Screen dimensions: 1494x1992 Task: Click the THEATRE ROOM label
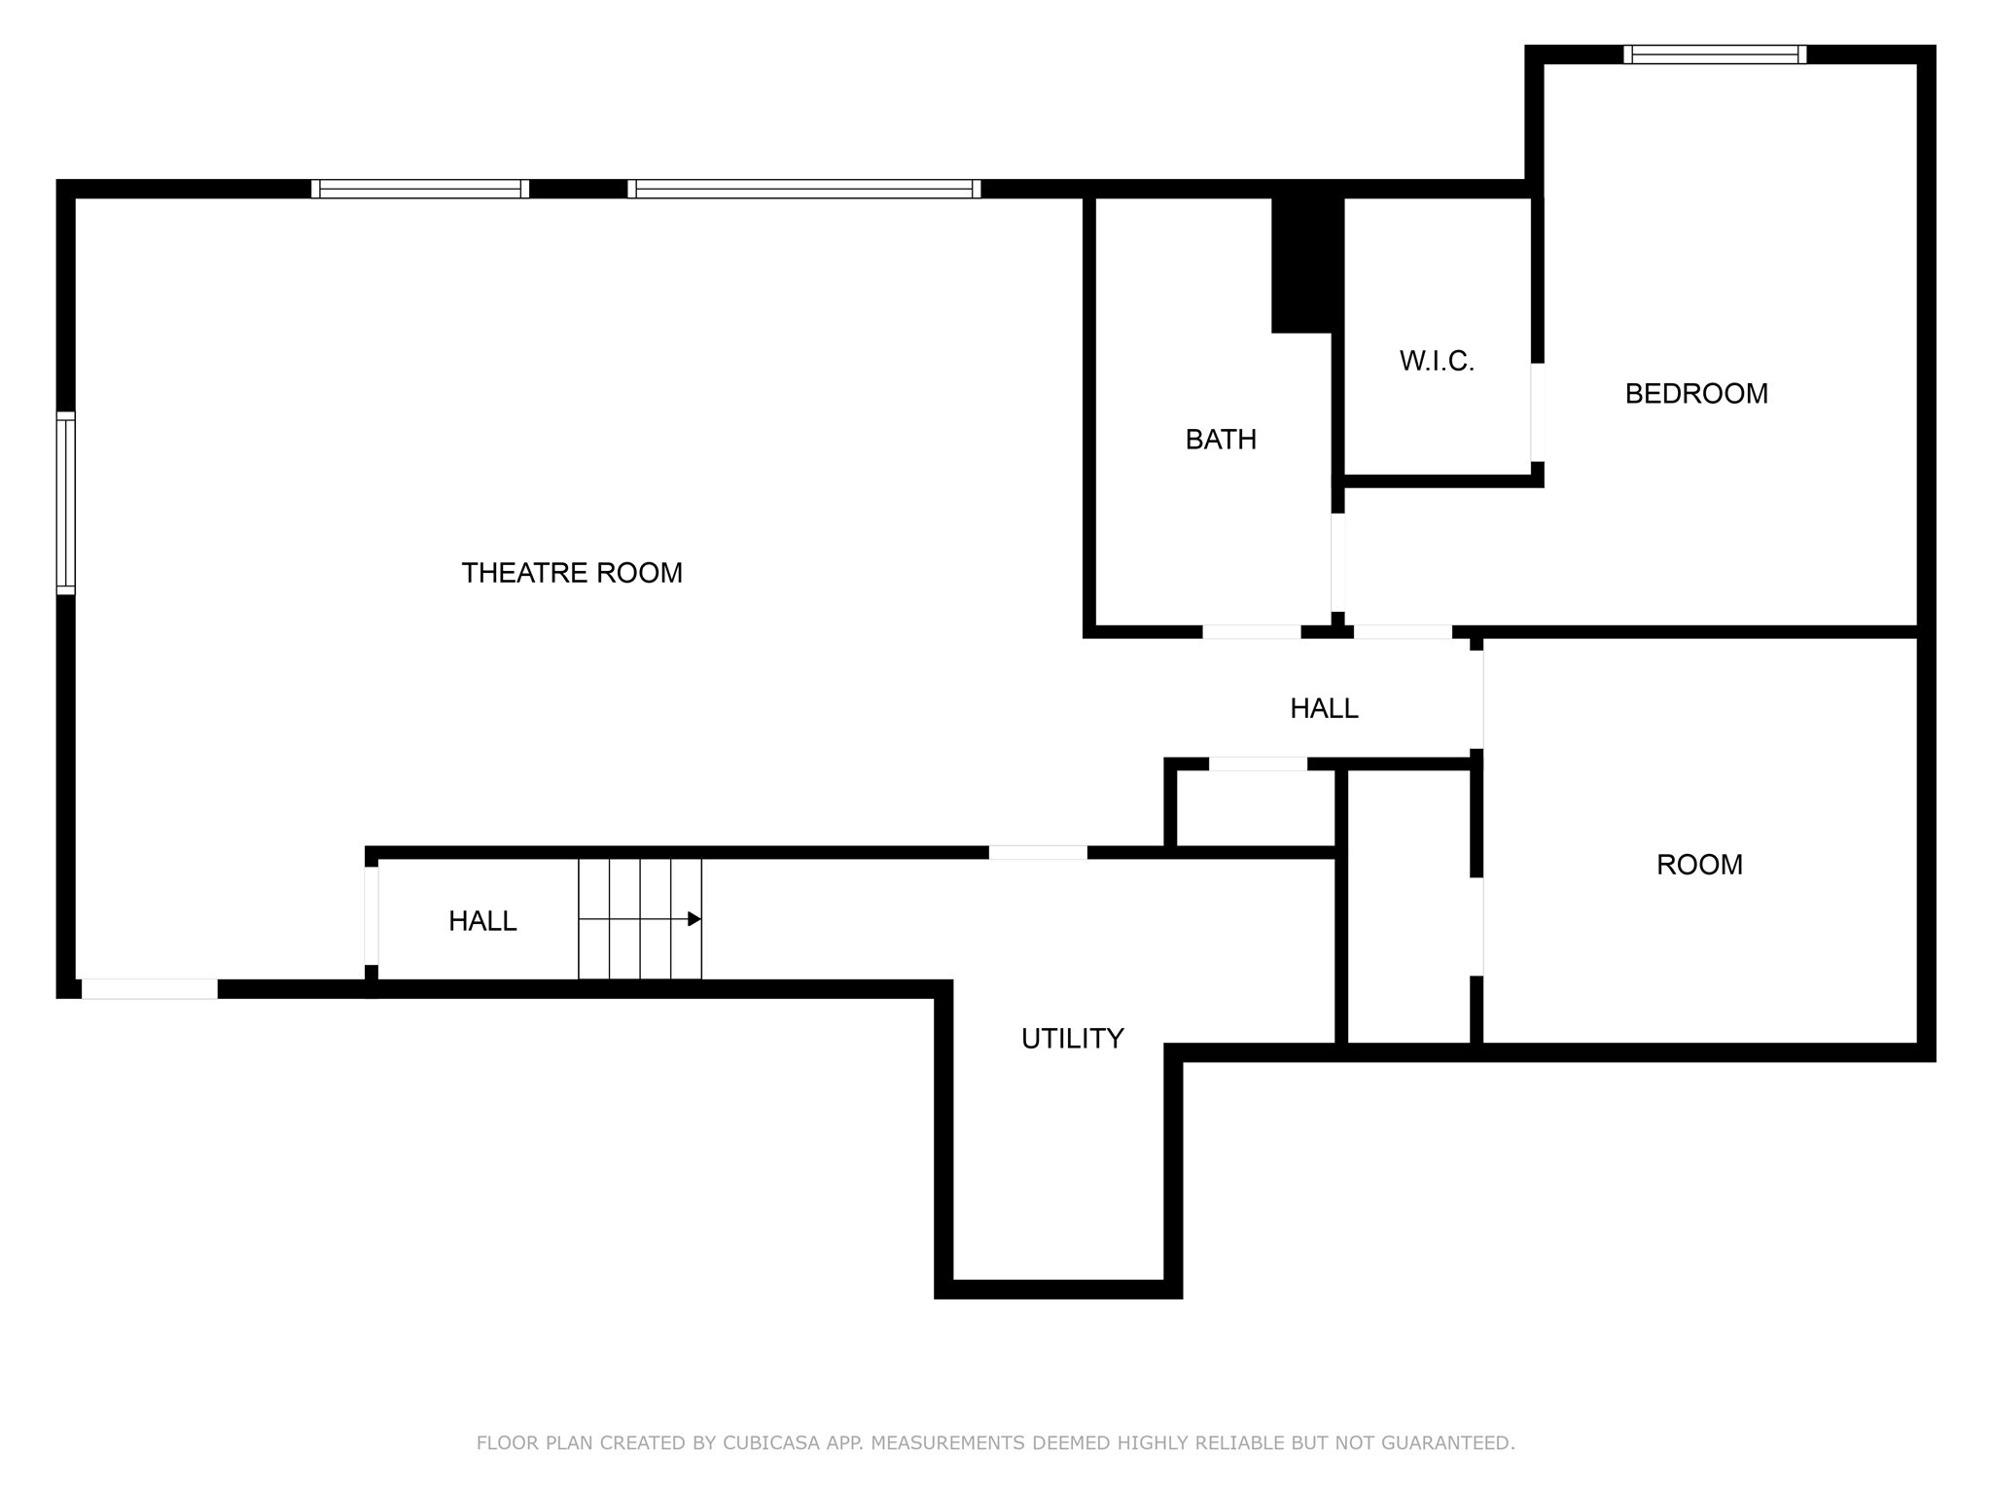[x=572, y=573]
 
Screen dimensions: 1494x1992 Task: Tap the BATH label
[x=1221, y=440]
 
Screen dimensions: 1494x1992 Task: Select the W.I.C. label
[x=1437, y=362]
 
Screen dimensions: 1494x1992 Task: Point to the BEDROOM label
[x=1696, y=394]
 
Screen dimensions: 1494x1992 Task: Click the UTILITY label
[x=1072, y=1039]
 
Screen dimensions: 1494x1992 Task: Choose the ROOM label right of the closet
[x=1699, y=865]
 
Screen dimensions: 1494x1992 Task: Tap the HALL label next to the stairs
[x=482, y=921]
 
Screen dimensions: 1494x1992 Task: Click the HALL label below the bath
[x=1324, y=709]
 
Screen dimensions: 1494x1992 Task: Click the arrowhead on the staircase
[x=694, y=919]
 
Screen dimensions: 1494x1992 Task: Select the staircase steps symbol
[x=639, y=919]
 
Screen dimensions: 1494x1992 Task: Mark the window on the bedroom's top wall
[x=1715, y=54]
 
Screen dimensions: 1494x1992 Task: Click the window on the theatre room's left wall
[x=65, y=503]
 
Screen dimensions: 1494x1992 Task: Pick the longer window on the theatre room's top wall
[x=803, y=189]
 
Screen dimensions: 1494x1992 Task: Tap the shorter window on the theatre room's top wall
[x=420, y=189]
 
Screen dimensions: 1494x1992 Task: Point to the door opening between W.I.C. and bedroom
[x=1537, y=411]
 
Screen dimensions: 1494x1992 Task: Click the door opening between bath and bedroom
[x=1338, y=562]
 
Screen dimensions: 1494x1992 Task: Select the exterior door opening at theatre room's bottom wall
[x=149, y=989]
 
